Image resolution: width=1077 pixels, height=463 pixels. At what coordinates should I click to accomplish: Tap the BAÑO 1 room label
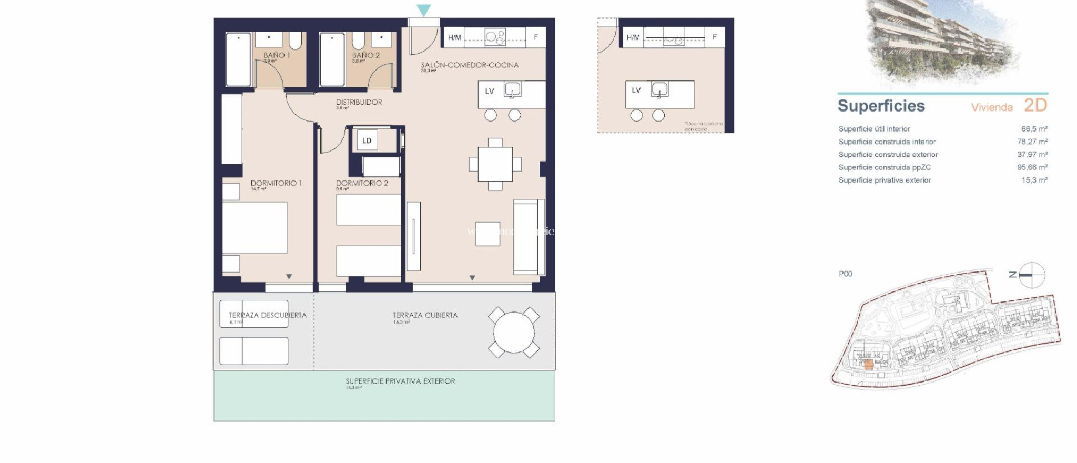(x=276, y=55)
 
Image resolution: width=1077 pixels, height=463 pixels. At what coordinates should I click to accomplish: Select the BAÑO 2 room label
(x=365, y=55)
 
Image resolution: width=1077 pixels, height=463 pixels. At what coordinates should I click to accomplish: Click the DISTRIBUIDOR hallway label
(x=359, y=102)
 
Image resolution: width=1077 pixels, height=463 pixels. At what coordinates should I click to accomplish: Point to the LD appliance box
(x=367, y=140)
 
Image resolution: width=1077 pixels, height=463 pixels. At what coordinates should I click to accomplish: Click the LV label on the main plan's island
(x=490, y=92)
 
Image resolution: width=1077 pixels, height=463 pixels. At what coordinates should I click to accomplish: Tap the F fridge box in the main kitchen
(x=536, y=37)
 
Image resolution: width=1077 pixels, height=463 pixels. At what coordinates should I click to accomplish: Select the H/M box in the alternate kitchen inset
(x=633, y=37)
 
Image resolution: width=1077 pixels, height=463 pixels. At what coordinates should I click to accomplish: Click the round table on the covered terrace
(x=514, y=333)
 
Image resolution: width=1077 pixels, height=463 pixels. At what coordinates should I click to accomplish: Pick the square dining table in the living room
(x=495, y=164)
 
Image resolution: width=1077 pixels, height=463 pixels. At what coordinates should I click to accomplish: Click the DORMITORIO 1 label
(x=276, y=183)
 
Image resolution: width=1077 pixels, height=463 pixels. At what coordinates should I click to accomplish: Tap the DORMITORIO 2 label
(x=362, y=183)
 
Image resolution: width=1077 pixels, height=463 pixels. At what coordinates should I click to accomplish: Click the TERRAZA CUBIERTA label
(x=425, y=315)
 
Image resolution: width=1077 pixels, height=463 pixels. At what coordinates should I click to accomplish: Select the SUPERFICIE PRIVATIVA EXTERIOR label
(x=400, y=381)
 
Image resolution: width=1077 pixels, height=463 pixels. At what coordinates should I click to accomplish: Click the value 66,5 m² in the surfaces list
(x=1034, y=129)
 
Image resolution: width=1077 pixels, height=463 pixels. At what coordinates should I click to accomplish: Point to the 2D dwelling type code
(x=1035, y=105)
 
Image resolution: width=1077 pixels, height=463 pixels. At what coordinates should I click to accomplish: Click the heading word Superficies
(x=881, y=106)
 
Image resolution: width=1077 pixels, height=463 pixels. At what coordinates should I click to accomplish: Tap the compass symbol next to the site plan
(x=1032, y=275)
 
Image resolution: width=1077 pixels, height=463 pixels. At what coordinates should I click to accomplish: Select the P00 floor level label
(x=845, y=274)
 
